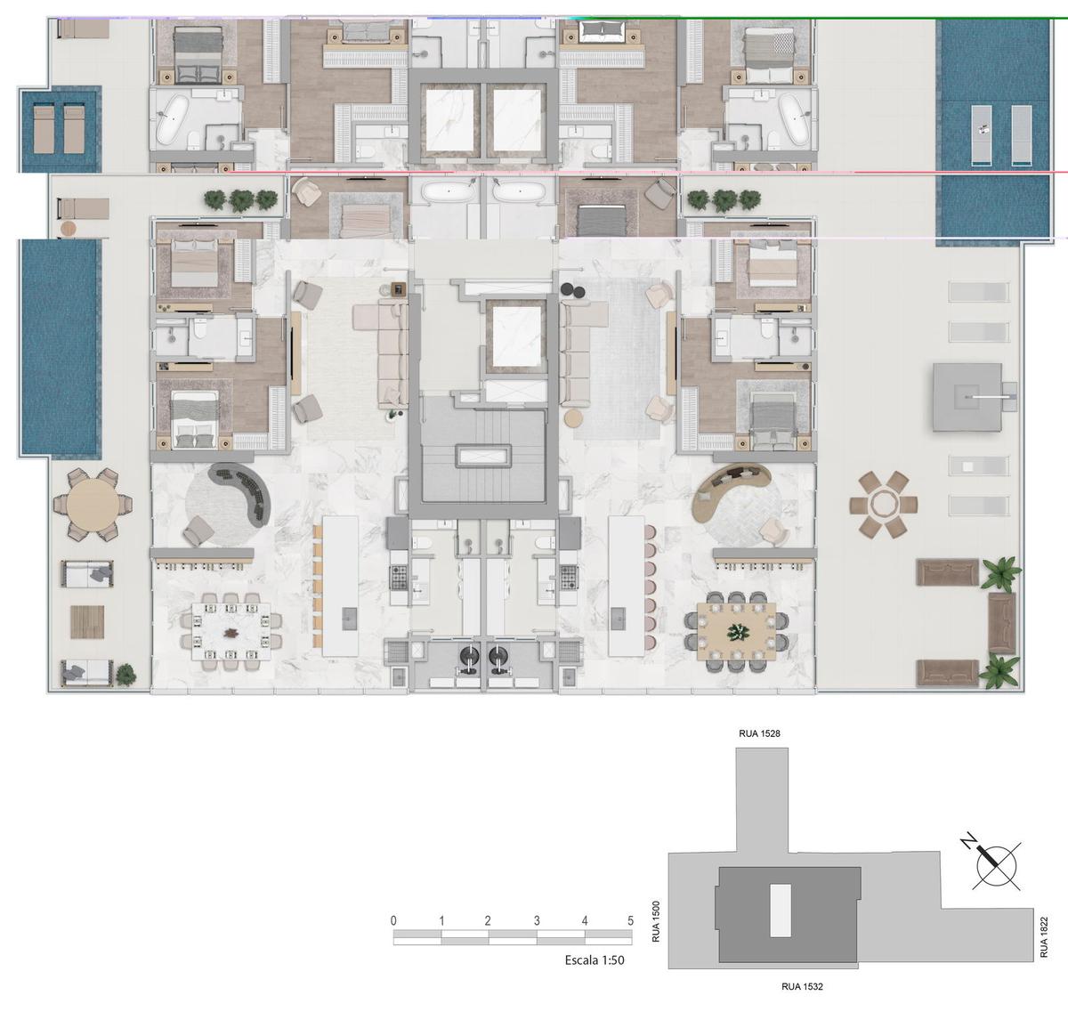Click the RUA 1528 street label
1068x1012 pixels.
(x=759, y=733)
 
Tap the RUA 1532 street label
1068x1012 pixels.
(x=802, y=986)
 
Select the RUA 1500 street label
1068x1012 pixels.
(x=656, y=922)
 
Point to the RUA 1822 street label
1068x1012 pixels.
(x=1044, y=937)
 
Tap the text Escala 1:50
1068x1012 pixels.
(x=595, y=960)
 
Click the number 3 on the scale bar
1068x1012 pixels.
(x=537, y=920)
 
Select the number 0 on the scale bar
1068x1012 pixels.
(x=393, y=920)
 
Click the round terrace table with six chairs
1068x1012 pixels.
(x=93, y=505)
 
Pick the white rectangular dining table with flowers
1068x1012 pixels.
(x=231, y=631)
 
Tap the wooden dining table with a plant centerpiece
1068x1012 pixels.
(x=737, y=631)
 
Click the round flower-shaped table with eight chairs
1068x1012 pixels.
(x=883, y=505)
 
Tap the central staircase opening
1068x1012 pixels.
(x=483, y=456)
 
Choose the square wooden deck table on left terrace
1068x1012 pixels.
(x=87, y=622)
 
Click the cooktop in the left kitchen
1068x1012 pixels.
(x=398, y=578)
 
